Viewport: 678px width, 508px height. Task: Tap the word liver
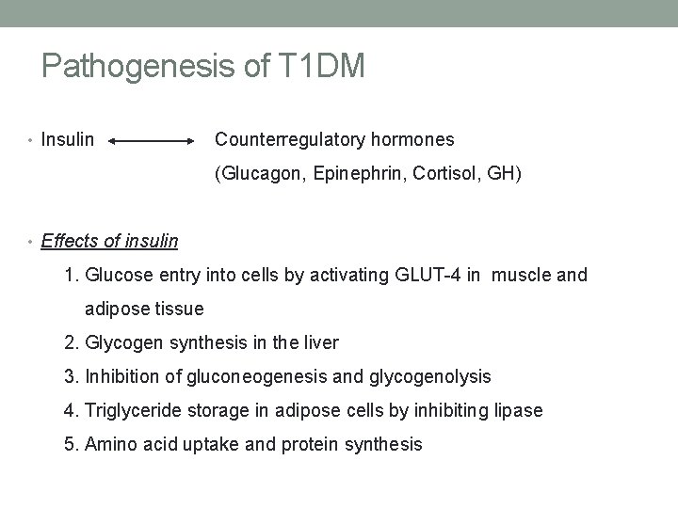[x=319, y=342]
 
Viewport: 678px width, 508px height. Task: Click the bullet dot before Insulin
[x=32, y=141]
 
